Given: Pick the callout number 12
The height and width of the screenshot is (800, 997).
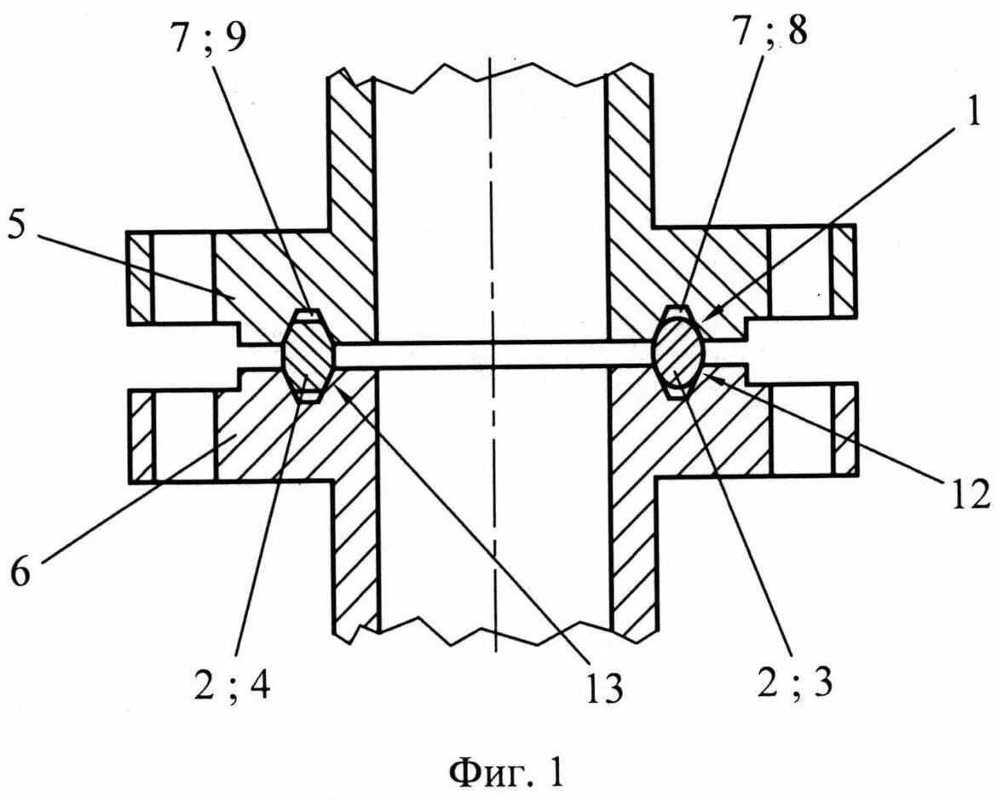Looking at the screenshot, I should pos(967,493).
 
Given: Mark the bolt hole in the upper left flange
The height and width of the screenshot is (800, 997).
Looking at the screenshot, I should pos(182,278).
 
